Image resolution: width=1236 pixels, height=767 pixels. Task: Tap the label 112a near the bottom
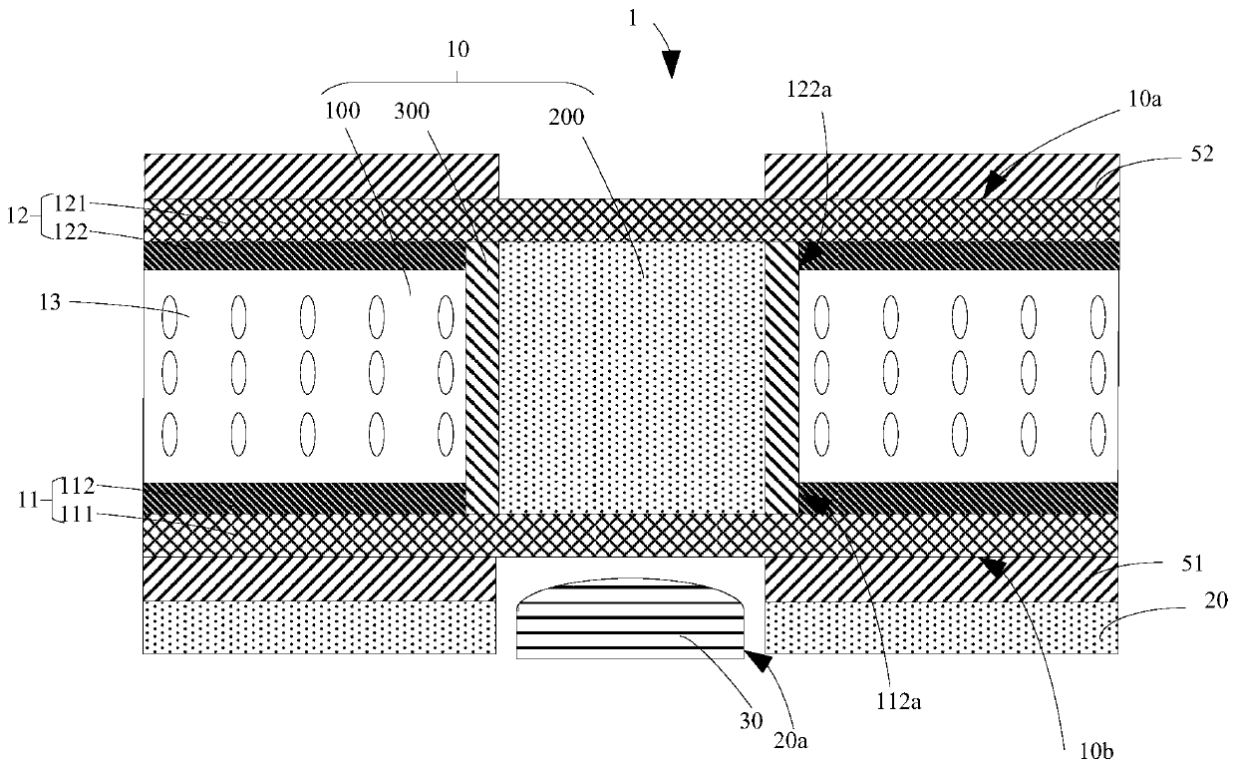(x=904, y=701)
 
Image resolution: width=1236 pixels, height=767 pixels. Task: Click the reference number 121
(x=77, y=204)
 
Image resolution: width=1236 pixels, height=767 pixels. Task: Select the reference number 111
(x=77, y=515)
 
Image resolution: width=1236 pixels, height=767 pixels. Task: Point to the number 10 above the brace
(x=460, y=47)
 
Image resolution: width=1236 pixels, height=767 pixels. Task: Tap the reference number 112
(x=77, y=487)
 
